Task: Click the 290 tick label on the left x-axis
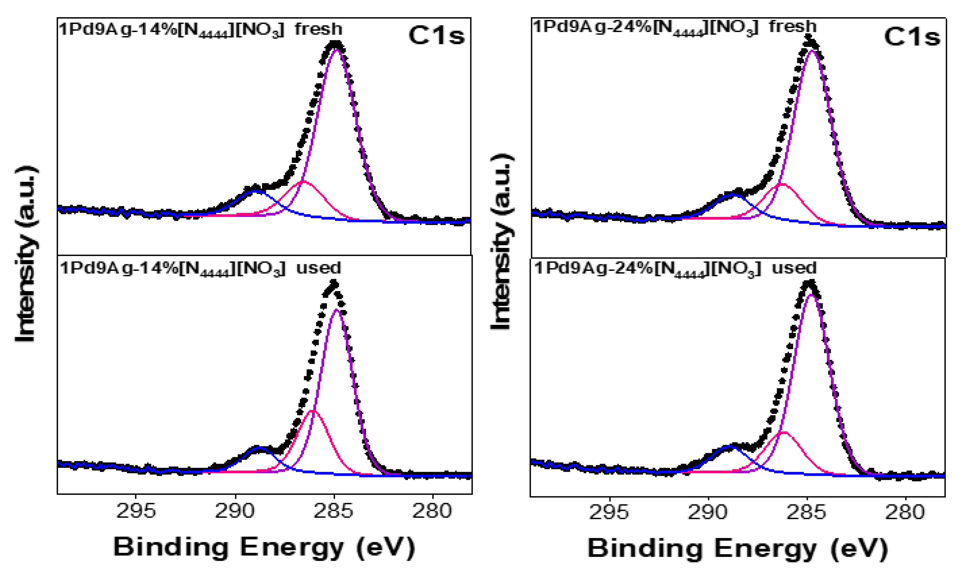(235, 511)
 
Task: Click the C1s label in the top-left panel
(436, 36)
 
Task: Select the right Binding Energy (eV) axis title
(737, 548)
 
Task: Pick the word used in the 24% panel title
(794, 268)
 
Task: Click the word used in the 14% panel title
(319, 268)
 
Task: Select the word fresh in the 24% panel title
(793, 27)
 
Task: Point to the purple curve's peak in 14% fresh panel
(336, 49)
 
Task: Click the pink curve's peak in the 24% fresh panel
(782, 184)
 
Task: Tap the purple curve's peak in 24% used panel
(811, 295)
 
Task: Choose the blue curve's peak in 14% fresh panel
(256, 191)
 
